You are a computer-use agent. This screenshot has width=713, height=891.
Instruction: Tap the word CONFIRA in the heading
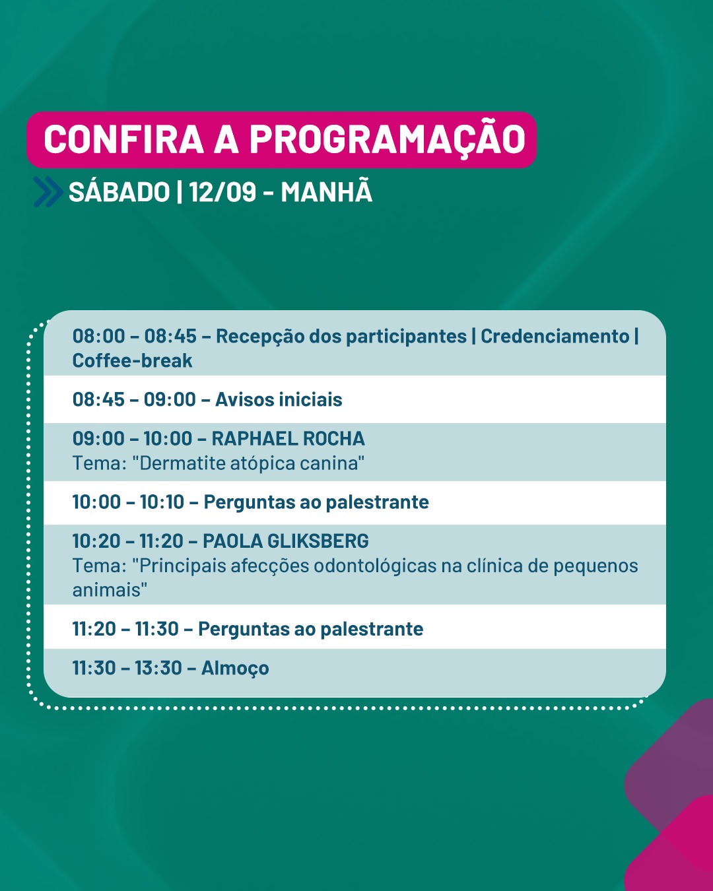[123, 139]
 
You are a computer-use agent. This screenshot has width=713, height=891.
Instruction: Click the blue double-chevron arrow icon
[48, 191]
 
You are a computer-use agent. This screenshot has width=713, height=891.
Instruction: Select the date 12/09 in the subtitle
[222, 192]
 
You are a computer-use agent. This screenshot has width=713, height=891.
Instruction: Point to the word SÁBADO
[119, 191]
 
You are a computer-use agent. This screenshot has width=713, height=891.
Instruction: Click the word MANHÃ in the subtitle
[327, 191]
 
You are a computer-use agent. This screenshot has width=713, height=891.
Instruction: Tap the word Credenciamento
[555, 336]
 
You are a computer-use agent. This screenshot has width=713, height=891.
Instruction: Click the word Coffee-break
[132, 360]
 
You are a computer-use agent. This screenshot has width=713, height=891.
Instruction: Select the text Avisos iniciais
[279, 399]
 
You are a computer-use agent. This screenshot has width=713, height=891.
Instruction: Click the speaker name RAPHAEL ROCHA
[289, 438]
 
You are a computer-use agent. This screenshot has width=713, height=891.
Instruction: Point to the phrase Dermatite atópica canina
[252, 463]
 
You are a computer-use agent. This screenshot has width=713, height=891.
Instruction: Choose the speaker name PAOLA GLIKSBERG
[285, 541]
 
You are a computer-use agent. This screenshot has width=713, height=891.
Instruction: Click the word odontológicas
[375, 566]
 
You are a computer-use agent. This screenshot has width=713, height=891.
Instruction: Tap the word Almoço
[235, 668]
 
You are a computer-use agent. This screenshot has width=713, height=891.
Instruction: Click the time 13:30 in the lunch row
[158, 668]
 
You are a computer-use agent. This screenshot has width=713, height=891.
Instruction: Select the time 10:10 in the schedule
[162, 502]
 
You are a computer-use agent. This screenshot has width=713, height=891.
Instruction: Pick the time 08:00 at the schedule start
[98, 336]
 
